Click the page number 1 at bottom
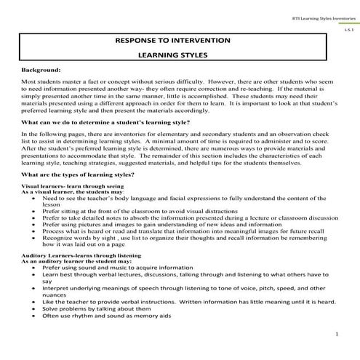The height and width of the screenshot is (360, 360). (338, 334)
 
